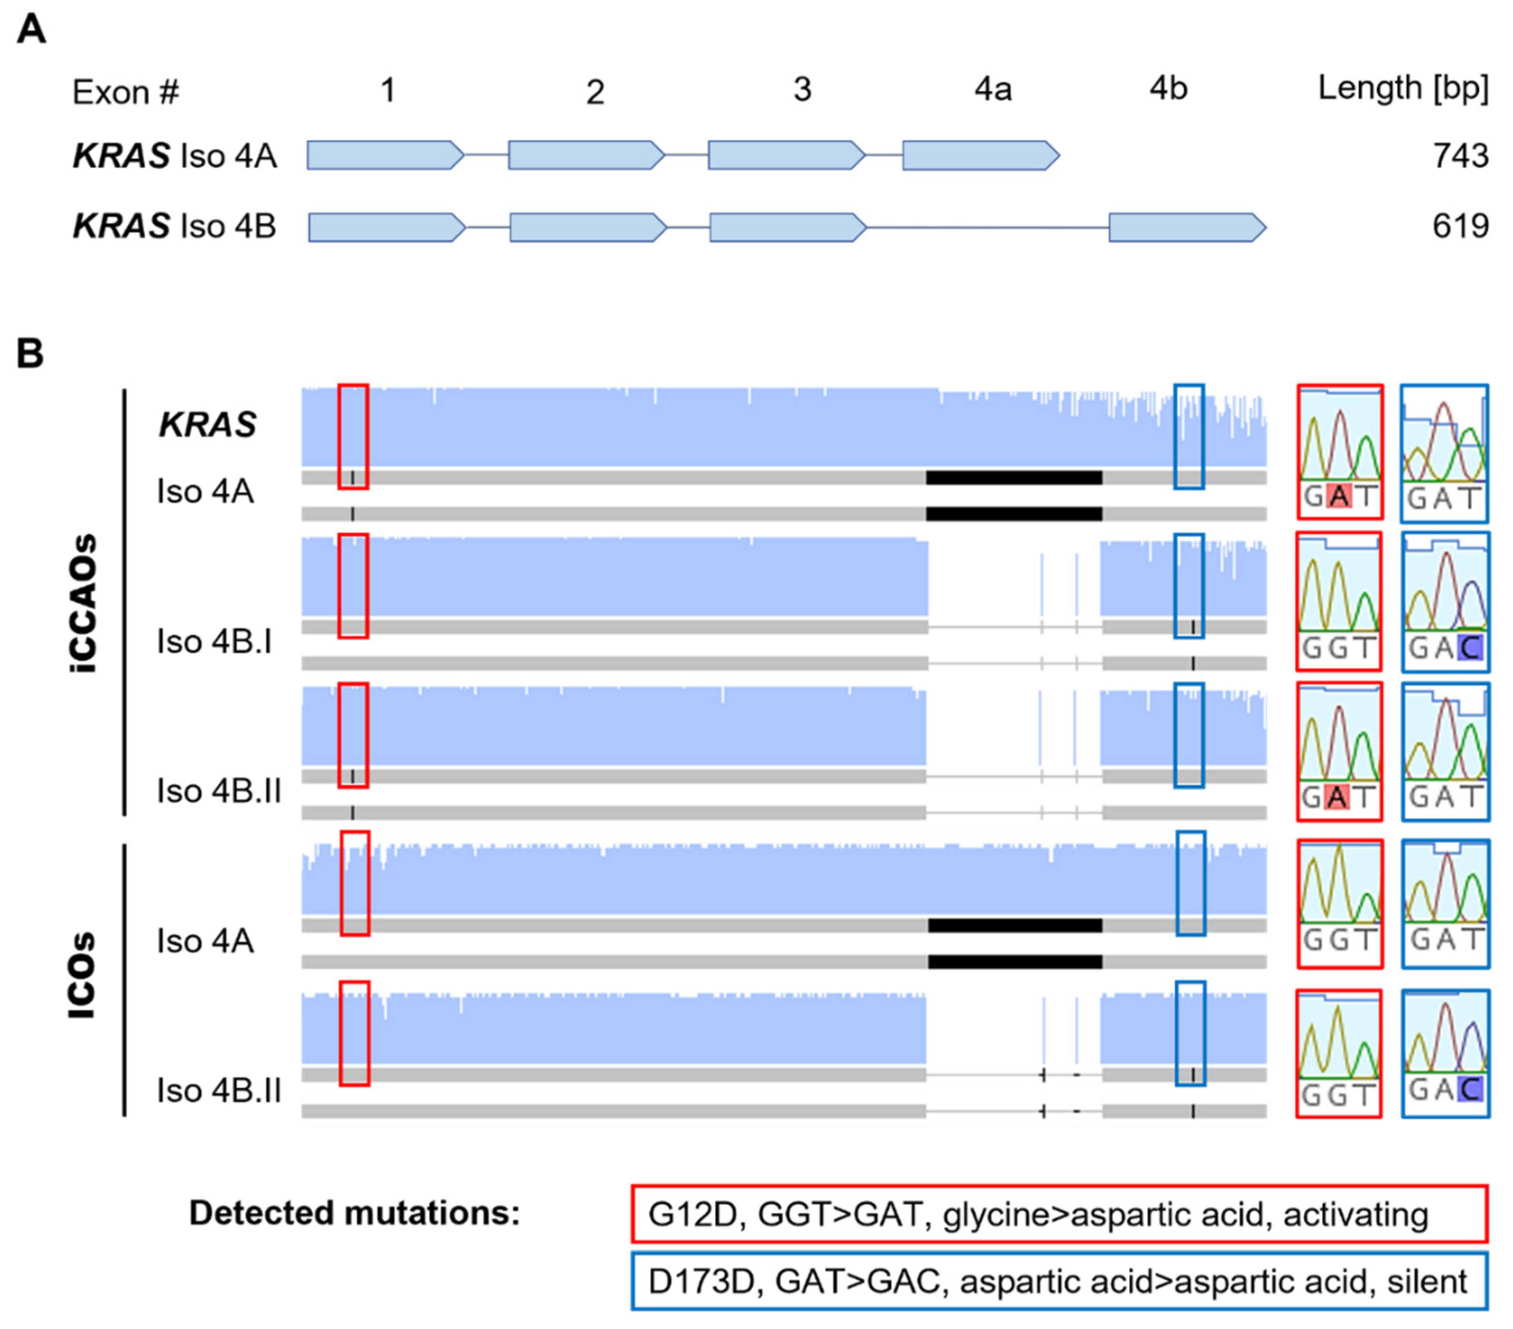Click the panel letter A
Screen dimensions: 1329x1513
31,30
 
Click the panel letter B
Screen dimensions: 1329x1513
29,354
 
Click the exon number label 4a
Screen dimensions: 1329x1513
992,90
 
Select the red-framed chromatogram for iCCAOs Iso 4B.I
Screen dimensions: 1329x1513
1339,601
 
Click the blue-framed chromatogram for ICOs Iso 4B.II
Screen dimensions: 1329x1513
1445,1054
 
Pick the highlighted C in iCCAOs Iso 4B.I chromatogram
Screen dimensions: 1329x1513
1469,648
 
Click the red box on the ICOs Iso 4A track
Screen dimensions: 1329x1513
355,883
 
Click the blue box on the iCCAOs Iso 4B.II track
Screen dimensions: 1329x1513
1189,735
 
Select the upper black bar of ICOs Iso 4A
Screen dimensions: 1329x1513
1015,925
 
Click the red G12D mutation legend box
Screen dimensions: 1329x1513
1059,1214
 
